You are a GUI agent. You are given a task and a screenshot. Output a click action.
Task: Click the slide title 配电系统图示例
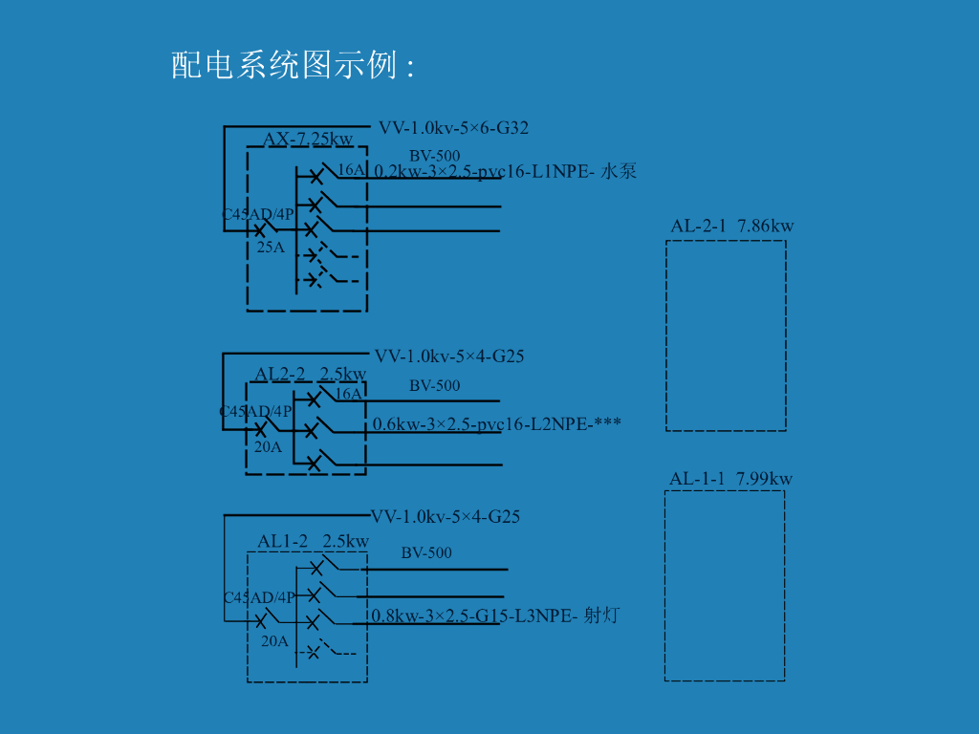pos(292,65)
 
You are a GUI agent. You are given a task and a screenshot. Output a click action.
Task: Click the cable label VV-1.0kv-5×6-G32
pos(453,127)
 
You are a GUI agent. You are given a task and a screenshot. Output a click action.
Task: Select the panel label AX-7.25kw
pos(308,140)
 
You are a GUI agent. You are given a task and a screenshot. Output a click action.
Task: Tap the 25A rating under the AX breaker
pos(271,247)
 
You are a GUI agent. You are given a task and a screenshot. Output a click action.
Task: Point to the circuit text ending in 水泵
pos(505,171)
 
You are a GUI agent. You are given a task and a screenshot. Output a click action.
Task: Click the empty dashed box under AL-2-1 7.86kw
pos(726,335)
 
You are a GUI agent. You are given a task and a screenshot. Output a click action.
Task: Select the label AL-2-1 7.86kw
pos(731,226)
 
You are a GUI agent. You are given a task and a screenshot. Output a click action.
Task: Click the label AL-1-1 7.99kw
pos(730,478)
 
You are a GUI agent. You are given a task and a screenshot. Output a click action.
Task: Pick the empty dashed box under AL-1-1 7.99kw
pos(725,585)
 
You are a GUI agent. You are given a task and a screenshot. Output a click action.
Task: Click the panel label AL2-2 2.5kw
pos(310,374)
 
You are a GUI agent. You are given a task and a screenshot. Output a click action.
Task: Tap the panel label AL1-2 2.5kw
pos(313,541)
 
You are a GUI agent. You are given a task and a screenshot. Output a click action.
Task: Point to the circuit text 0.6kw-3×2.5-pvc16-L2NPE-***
pos(497,423)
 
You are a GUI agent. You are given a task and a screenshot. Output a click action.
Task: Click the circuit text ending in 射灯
pos(495,615)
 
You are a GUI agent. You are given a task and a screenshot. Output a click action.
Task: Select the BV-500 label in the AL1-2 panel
pos(426,552)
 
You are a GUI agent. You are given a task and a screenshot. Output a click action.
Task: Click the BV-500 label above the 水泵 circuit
pos(435,156)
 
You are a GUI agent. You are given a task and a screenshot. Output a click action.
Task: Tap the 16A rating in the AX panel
pos(351,170)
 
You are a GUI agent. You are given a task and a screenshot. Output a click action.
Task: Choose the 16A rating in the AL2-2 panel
pos(348,394)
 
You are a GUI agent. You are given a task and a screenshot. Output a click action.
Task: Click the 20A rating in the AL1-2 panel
pos(274,641)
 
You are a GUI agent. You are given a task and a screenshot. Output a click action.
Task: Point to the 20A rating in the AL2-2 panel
pos(268,446)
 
